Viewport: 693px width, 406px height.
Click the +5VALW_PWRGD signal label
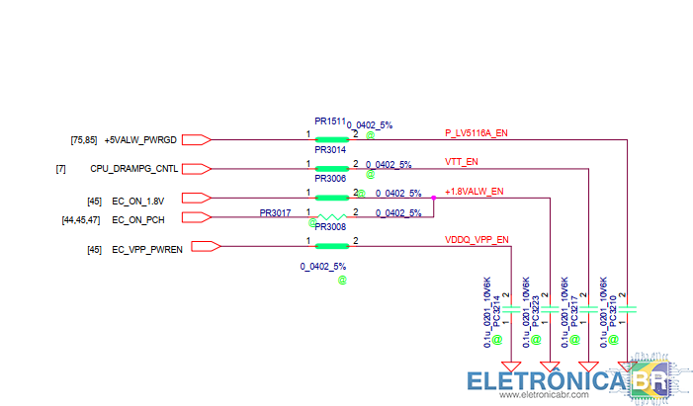(140, 140)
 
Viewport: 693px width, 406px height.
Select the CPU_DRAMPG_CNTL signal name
(134, 169)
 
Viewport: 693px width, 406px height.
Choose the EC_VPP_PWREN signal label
(147, 250)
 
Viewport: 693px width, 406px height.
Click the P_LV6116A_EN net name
(476, 132)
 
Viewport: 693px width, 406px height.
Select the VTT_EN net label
(462, 161)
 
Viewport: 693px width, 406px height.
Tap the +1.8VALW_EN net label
(475, 192)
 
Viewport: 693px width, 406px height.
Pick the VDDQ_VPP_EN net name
(476, 239)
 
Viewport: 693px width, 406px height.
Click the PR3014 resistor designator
(330, 150)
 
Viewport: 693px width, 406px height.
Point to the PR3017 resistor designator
(275, 213)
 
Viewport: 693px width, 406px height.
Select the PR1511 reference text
(330, 121)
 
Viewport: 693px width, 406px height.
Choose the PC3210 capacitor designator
(613, 310)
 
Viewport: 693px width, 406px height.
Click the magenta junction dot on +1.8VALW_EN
(434, 198)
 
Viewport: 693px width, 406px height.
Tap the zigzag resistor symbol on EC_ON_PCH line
(331, 216)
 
